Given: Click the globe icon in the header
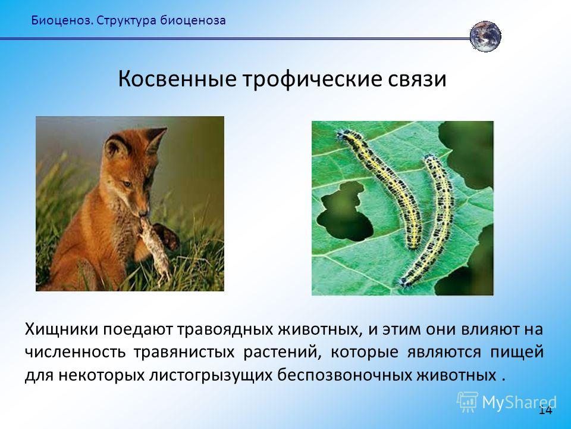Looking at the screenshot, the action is pos(485,36).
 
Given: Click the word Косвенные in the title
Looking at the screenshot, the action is pos(177,79).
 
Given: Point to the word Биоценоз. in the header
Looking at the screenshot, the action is pos(62,20).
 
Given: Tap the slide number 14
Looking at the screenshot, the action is pos(545,410).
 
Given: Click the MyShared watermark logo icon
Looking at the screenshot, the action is pos(467,402).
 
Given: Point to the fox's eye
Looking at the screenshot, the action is pos(127,184).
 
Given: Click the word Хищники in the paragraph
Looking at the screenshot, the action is pos(62,329).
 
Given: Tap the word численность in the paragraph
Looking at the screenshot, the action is pos(75,352).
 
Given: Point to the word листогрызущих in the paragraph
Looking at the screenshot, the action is pos(211,375).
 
